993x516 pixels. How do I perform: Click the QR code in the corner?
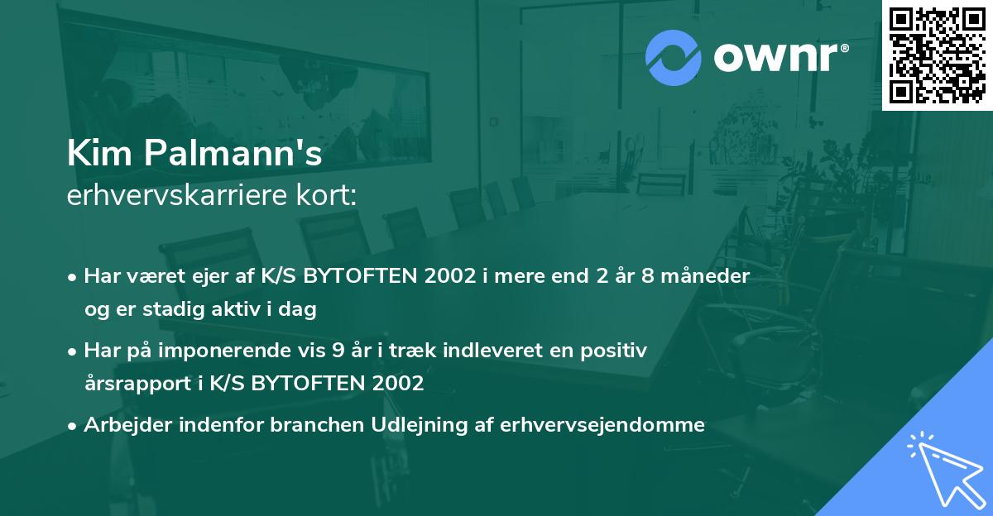click(x=937, y=55)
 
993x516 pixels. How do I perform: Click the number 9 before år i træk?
click(x=338, y=351)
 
